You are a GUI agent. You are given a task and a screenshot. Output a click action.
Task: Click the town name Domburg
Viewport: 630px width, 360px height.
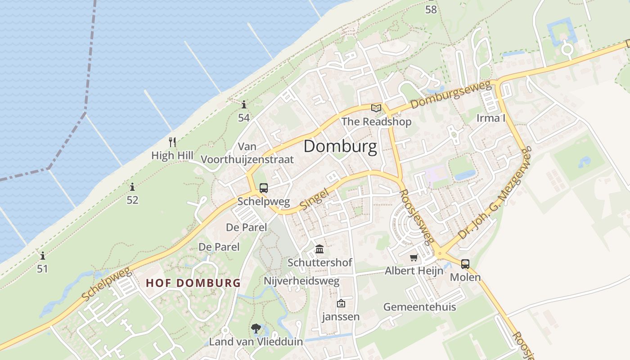[x=340, y=147]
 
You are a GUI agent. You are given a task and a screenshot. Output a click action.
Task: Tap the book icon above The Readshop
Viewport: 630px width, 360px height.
[x=376, y=108]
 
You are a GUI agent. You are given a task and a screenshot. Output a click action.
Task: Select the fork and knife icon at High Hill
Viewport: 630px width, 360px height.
[x=172, y=142]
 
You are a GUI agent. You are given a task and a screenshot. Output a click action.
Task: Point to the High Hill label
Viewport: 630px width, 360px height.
[x=172, y=156]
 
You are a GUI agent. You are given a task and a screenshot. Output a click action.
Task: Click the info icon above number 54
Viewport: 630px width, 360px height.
[x=244, y=105]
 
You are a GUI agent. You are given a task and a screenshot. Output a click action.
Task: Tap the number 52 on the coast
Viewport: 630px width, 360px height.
[x=132, y=200]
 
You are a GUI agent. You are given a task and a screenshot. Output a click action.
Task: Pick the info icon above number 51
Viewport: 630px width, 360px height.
[x=43, y=256]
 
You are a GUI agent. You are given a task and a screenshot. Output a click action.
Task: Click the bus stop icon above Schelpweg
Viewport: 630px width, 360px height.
[x=264, y=188]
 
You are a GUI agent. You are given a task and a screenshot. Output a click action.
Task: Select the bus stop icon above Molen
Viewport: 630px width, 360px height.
[x=465, y=264]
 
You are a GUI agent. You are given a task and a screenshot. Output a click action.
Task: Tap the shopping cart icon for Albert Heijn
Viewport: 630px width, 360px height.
[x=414, y=258]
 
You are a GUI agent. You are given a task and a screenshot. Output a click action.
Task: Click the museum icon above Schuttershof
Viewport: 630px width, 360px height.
[x=319, y=249]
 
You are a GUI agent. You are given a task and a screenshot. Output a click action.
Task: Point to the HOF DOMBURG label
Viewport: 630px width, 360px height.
[x=193, y=283]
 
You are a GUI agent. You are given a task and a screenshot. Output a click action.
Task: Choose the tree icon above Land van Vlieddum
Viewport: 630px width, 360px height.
[x=256, y=328]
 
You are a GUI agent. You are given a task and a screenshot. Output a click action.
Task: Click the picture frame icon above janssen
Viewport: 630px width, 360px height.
[x=341, y=303]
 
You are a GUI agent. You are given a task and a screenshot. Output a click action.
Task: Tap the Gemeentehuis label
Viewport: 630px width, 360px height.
[x=419, y=307]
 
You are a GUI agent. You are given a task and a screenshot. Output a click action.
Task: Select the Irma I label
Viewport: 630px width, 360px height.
[x=491, y=118]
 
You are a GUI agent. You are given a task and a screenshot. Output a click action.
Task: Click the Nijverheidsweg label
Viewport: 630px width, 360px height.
[x=301, y=281]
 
